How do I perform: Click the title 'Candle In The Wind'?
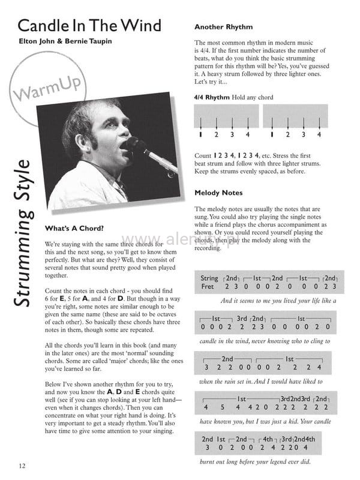pyautogui.click(x=89, y=26)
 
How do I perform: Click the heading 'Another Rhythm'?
pyautogui.click(x=224, y=27)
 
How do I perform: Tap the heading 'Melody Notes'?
pyautogui.click(x=219, y=193)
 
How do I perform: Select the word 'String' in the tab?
pyautogui.click(x=210, y=278)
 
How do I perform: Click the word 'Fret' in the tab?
pyautogui.click(x=208, y=287)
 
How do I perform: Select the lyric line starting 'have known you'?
pyautogui.click(x=265, y=421)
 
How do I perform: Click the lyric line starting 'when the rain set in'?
pyautogui.click(x=260, y=381)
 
